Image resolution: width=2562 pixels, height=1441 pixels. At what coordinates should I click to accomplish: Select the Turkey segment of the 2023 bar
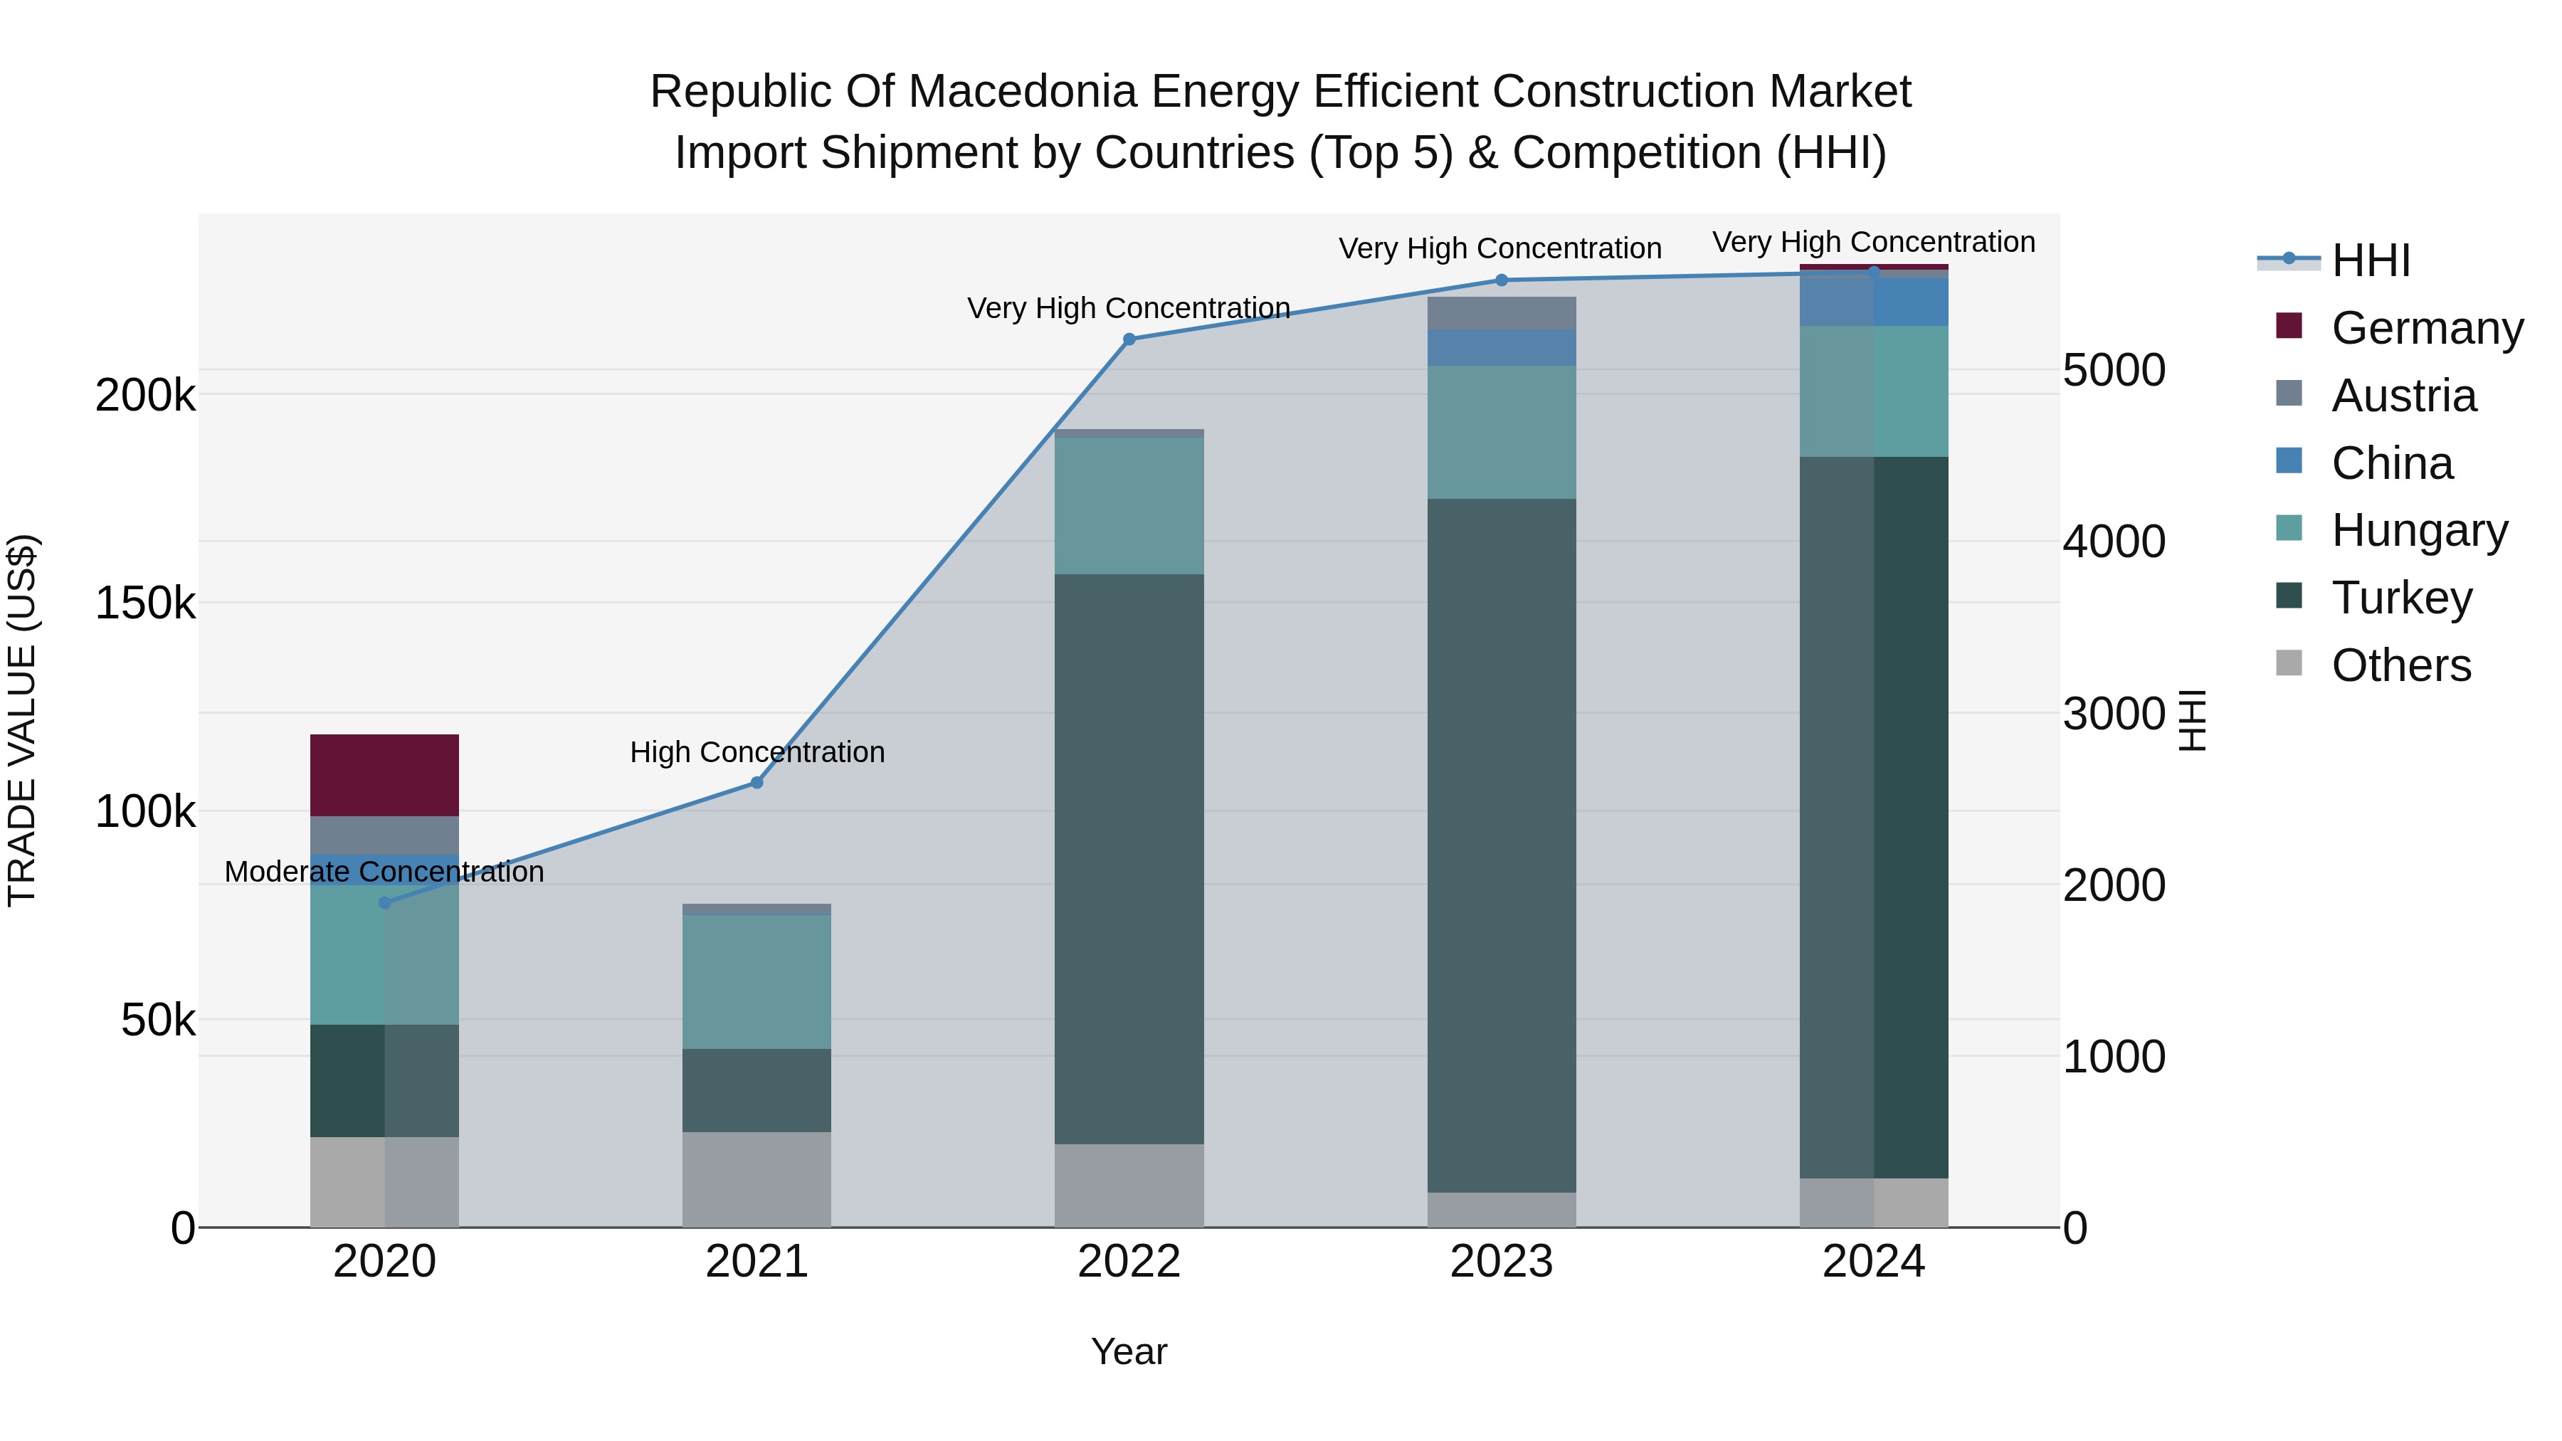[x=1501, y=845]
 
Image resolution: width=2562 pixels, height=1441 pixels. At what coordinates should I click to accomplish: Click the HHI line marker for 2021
[x=757, y=783]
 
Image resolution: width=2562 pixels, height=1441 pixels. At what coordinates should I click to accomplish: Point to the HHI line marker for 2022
[x=1129, y=339]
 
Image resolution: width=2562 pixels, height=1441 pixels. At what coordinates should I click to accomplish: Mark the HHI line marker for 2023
[x=1502, y=280]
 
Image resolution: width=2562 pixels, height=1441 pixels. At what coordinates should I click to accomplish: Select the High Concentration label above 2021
[x=757, y=752]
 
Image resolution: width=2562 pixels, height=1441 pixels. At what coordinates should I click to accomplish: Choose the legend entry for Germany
[x=2426, y=328]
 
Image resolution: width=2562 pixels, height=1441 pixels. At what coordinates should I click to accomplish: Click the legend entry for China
[x=2391, y=463]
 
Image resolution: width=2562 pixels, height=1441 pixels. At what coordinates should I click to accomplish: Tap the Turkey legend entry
[x=2401, y=598]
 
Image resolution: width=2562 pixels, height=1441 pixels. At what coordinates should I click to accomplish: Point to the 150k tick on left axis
[x=145, y=603]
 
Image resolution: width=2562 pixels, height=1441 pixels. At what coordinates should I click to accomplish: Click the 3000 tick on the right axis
[x=2114, y=713]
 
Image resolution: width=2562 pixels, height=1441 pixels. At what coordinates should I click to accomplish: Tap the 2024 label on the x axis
[x=1873, y=1262]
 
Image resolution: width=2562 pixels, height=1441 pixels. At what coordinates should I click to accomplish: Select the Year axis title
[x=1129, y=1351]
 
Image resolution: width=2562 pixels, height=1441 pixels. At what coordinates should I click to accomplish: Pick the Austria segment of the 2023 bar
[x=1501, y=313]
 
